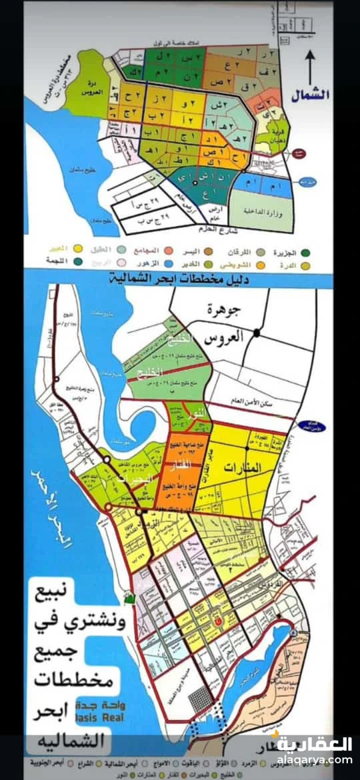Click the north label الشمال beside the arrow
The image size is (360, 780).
pos(311,94)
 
